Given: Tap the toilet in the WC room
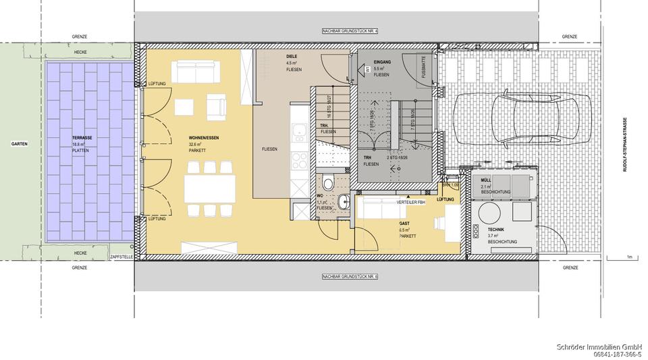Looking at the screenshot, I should (x=328, y=182).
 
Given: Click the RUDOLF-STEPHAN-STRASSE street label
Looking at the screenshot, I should (x=625, y=145).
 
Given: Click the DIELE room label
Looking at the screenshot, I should (x=292, y=57).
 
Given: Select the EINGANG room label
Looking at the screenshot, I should (x=383, y=62).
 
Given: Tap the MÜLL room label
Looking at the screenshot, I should (x=485, y=180).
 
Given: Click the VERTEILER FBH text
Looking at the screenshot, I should (x=410, y=203).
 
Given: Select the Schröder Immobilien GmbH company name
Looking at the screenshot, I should (x=598, y=347).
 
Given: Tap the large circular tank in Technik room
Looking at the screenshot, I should (x=488, y=214).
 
